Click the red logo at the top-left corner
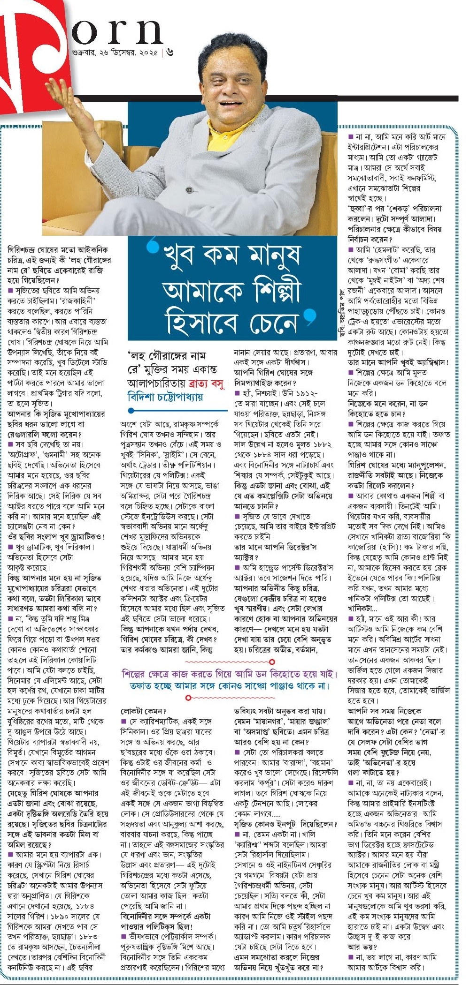pos(33,56)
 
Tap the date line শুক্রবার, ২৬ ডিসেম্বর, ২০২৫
pos(113,52)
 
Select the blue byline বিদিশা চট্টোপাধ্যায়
pos(165,397)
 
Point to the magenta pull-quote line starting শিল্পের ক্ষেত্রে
pos(230,674)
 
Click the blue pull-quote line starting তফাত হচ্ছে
pos(230,685)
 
